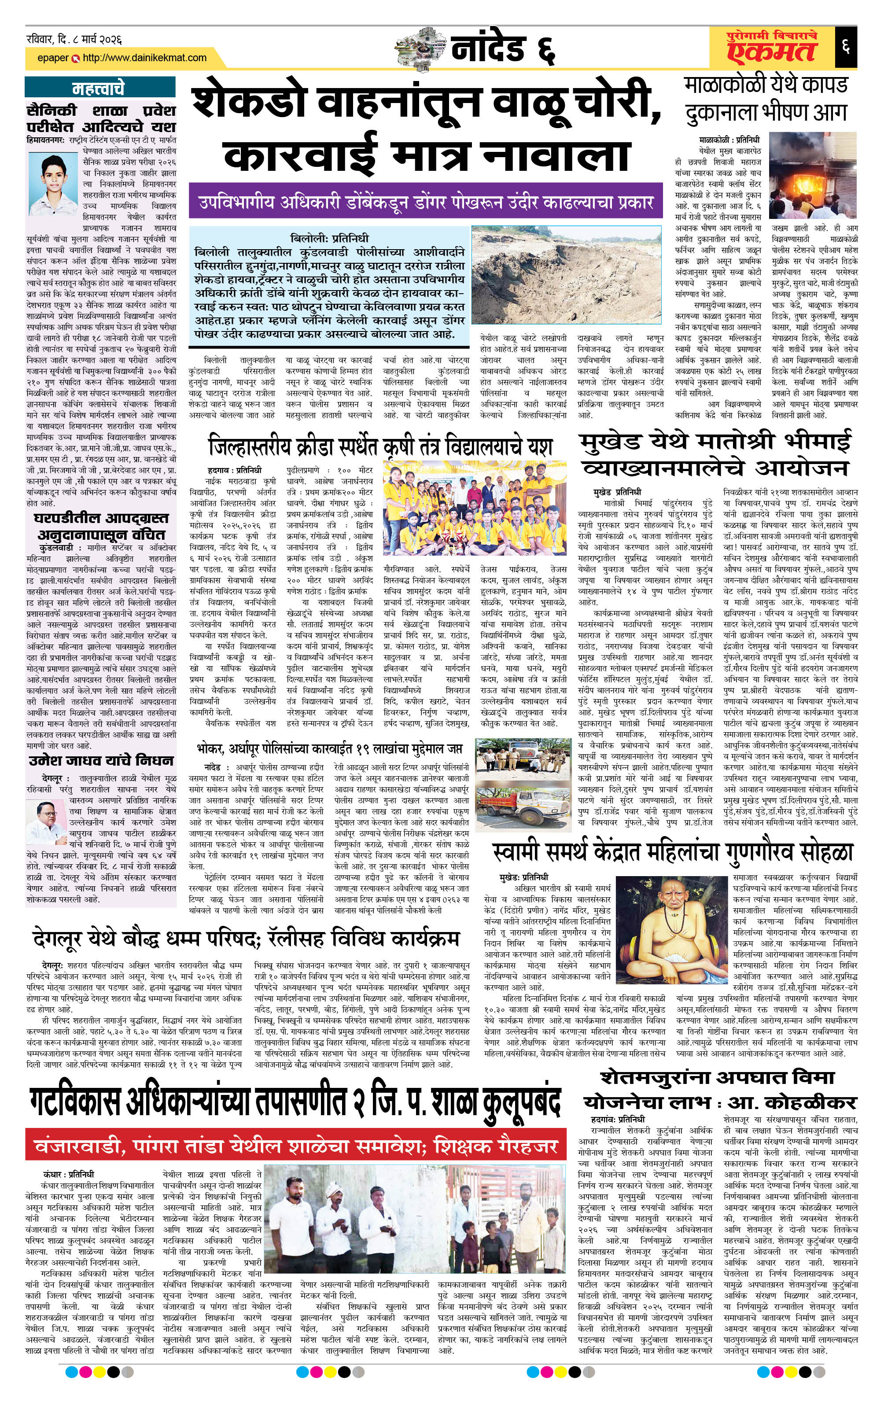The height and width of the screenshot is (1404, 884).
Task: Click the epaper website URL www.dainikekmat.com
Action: pyautogui.click(x=144, y=58)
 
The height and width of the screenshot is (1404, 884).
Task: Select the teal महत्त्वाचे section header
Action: pyautogui.click(x=99, y=88)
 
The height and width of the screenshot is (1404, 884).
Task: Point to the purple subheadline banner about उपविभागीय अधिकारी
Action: pyautogui.click(x=425, y=203)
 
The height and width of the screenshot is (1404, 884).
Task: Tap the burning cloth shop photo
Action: pyautogui.click(x=812, y=174)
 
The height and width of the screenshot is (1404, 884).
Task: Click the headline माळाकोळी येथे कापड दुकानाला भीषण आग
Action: pyautogui.click(x=766, y=99)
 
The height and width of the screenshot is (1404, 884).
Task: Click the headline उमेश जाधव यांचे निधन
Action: pyautogui.click(x=101, y=760)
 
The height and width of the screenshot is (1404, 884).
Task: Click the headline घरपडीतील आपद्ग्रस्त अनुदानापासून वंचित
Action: pyautogui.click(x=101, y=527)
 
